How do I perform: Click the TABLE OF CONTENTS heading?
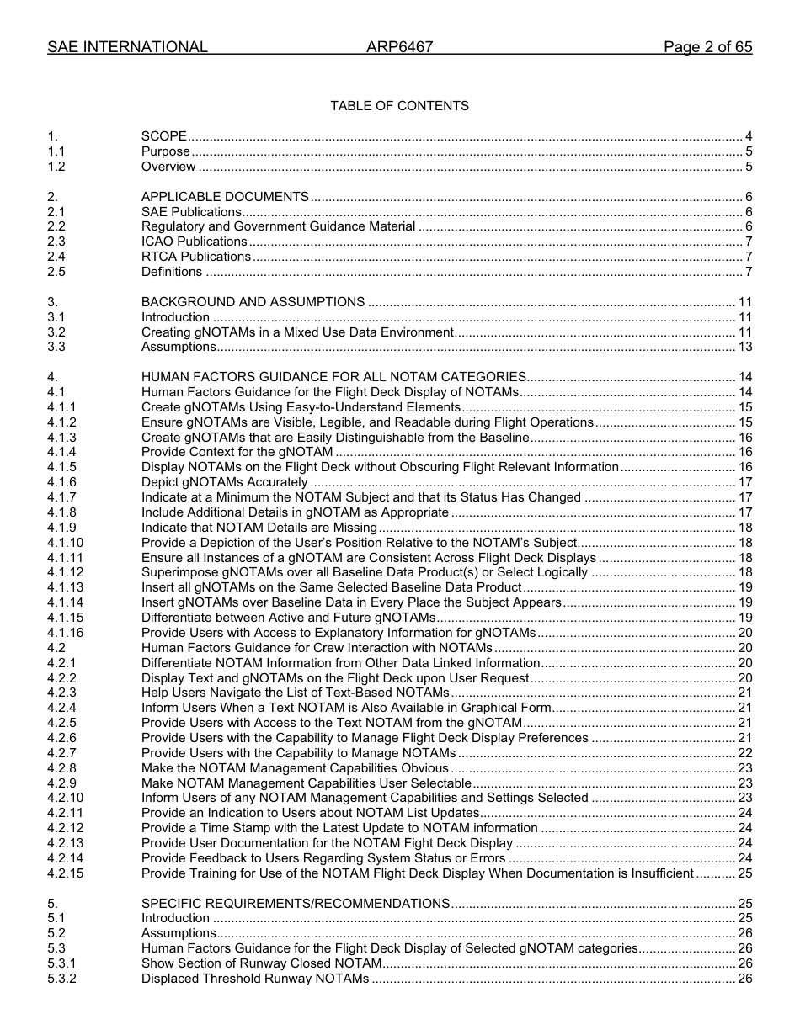[399, 106]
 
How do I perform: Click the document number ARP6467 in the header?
[399, 47]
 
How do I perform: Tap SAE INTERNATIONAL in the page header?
[127, 47]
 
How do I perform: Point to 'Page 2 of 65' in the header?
[707, 47]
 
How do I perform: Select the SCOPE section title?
[163, 136]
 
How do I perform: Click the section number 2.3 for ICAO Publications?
[56, 241]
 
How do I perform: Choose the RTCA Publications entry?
[195, 257]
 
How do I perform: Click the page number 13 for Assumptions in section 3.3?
[744, 347]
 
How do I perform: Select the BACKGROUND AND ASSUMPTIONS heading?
[253, 302]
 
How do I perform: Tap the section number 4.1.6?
[61, 482]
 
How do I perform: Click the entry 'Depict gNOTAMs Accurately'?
[224, 482]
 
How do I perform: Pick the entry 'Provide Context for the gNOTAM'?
[237, 452]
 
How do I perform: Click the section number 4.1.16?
[65, 633]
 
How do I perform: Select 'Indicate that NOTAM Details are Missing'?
[259, 528]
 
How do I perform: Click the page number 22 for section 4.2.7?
[744, 753]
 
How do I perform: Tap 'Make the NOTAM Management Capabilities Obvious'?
[295, 768]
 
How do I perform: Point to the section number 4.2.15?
[65, 873]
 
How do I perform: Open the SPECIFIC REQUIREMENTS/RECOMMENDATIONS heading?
[295, 904]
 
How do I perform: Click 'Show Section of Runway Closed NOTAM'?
[261, 963]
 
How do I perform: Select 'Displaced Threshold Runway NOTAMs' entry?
[255, 979]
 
